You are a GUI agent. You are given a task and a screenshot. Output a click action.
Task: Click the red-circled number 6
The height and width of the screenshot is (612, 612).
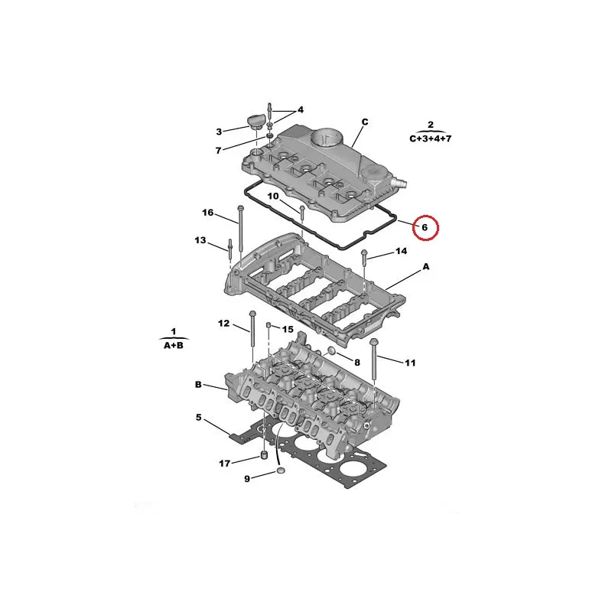click(x=425, y=227)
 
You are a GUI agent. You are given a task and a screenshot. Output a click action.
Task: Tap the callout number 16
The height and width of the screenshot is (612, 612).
click(x=207, y=213)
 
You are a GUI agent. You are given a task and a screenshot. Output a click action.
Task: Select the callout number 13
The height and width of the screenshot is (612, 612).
click(x=200, y=240)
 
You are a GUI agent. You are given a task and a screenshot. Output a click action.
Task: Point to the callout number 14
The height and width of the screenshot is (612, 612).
click(x=401, y=251)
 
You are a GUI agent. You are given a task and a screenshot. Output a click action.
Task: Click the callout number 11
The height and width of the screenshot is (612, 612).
click(x=410, y=363)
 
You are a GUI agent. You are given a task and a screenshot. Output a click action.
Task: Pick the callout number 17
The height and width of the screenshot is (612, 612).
click(x=224, y=464)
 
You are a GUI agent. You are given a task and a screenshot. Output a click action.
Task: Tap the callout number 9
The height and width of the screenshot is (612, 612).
click(x=247, y=479)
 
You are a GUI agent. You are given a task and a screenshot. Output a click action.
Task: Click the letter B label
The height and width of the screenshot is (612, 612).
click(x=198, y=385)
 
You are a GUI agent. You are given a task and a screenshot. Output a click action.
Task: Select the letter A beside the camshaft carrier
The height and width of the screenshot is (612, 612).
click(x=426, y=266)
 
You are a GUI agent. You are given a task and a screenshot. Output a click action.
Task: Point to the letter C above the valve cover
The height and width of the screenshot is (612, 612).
click(x=365, y=122)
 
